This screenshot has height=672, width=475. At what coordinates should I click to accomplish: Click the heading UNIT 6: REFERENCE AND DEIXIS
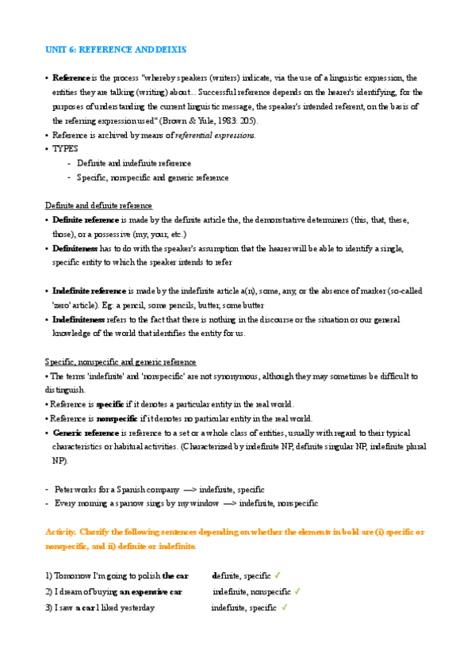[x=116, y=50]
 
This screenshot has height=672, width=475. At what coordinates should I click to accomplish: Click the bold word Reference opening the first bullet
[x=71, y=78]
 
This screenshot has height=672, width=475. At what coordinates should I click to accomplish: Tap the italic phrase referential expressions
[x=215, y=136]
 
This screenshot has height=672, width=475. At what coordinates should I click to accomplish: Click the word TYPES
[x=66, y=149]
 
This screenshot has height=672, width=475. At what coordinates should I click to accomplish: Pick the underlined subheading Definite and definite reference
[x=98, y=206]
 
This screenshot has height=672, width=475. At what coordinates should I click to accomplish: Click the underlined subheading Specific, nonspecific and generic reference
[x=121, y=362]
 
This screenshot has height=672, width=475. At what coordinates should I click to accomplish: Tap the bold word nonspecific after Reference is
[x=117, y=418]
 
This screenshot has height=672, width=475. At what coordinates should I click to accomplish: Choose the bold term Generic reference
[x=85, y=433]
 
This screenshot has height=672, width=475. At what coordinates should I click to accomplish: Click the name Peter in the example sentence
[x=64, y=490]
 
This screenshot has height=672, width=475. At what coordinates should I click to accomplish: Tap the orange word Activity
[x=62, y=532]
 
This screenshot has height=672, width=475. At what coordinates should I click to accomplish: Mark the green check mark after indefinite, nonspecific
[x=297, y=591]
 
